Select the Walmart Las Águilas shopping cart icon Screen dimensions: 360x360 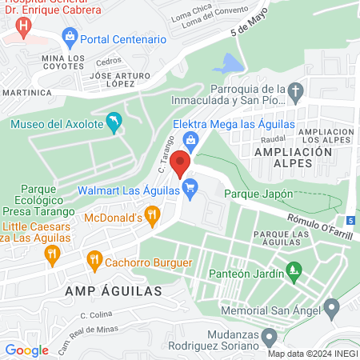(x=190, y=190)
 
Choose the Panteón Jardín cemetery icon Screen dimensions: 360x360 (x=294, y=272)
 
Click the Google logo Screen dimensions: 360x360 (x=26, y=350)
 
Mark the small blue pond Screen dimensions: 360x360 (x=230, y=63)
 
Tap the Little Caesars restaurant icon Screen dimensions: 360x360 (x=53, y=255)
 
